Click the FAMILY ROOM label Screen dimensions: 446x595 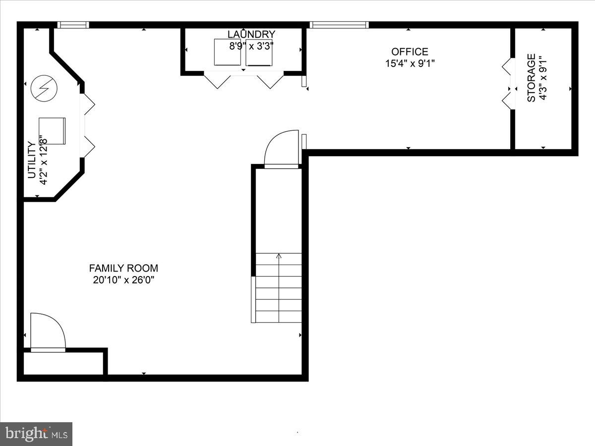click(123, 268)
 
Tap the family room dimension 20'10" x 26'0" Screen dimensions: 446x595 click(123, 280)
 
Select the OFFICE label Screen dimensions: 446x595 click(410, 52)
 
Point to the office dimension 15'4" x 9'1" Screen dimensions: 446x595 click(410, 63)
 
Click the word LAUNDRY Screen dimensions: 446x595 click(251, 34)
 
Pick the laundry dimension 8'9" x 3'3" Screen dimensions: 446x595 click(251, 46)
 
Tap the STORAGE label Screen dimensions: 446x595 click(532, 78)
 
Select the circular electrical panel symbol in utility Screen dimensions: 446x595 click(44, 89)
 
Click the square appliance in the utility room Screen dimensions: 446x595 click(52, 131)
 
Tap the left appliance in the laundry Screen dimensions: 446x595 click(227, 53)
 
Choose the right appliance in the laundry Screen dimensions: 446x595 click(259, 53)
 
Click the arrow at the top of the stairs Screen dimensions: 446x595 click(279, 256)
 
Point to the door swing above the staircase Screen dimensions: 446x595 click(282, 150)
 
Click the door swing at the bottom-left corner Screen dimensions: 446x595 click(48, 332)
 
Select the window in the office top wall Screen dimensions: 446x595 click(340, 25)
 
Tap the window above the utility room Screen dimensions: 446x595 click(73, 25)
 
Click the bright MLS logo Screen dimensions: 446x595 click(36, 434)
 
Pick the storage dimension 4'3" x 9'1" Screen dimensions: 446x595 click(544, 78)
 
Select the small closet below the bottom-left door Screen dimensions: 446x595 click(63, 363)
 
